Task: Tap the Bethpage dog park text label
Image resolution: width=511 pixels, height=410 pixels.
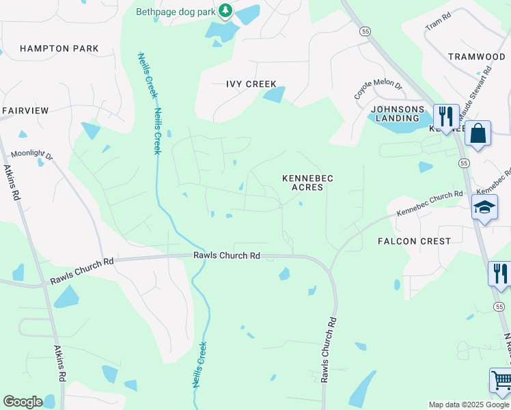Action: click(x=175, y=11)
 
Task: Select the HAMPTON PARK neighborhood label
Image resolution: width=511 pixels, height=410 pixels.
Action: click(x=59, y=49)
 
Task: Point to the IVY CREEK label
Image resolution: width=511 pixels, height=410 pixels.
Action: click(x=251, y=84)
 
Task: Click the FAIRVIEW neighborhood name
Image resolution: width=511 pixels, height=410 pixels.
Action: click(x=26, y=110)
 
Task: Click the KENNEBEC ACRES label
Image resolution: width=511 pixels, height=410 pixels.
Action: click(x=307, y=182)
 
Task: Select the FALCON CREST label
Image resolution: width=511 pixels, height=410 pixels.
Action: click(x=415, y=241)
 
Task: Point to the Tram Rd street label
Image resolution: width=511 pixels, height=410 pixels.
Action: click(x=439, y=25)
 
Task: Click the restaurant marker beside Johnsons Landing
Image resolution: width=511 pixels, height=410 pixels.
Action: click(x=446, y=115)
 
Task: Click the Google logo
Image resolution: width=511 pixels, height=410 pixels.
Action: click(x=23, y=402)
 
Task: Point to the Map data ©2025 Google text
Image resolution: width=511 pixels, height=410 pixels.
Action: click(x=468, y=405)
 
